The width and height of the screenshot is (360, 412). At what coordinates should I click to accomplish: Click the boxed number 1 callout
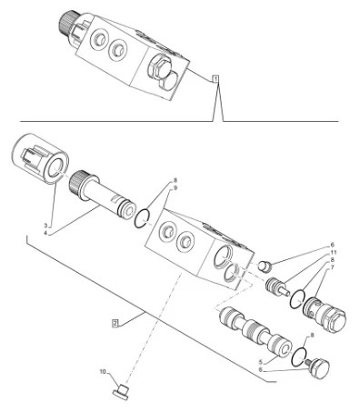click(215, 79)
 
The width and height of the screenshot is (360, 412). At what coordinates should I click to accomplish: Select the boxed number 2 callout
click(115, 323)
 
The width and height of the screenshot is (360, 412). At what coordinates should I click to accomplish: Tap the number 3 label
click(45, 226)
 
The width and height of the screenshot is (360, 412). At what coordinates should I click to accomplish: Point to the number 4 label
click(45, 233)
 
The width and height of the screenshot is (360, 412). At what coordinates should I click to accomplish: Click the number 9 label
click(175, 188)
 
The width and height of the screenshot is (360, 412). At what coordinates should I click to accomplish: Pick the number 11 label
click(334, 252)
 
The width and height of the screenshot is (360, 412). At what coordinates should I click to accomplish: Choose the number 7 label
click(333, 267)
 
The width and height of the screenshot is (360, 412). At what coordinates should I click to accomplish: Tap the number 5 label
click(260, 362)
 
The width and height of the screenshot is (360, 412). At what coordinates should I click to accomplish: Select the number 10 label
click(103, 371)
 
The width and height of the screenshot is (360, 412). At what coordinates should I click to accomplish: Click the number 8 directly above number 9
click(175, 181)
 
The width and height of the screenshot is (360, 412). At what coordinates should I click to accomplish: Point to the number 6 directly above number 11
click(333, 245)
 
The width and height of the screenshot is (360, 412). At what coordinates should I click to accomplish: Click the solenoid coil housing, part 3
click(40, 158)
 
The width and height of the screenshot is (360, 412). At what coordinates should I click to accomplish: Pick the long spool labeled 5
click(255, 333)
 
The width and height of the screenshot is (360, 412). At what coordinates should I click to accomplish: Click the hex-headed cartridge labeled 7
click(325, 315)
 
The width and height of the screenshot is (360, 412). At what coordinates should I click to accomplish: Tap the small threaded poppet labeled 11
click(277, 287)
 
